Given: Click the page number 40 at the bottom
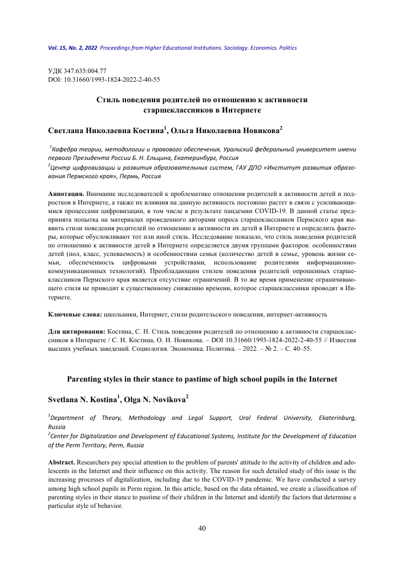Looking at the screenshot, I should [202, 528].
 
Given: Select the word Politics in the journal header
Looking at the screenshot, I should [285, 48].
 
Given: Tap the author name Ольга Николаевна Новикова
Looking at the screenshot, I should [225, 131].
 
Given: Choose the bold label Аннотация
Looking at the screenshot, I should [66, 195].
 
